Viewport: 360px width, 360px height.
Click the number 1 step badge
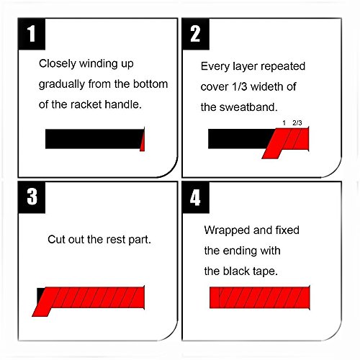tap(32, 34)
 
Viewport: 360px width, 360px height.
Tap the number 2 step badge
tap(196, 34)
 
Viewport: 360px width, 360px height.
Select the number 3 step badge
tap(32, 197)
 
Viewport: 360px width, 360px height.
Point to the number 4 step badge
tap(196, 197)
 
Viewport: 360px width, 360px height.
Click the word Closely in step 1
tap(58, 64)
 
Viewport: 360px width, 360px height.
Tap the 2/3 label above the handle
tap(297, 123)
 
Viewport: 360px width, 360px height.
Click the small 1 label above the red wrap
tap(284, 123)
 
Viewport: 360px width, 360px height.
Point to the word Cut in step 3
tap(56, 239)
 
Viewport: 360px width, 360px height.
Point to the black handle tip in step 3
tap(40, 294)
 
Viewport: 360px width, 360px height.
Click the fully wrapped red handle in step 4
tap(260, 297)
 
